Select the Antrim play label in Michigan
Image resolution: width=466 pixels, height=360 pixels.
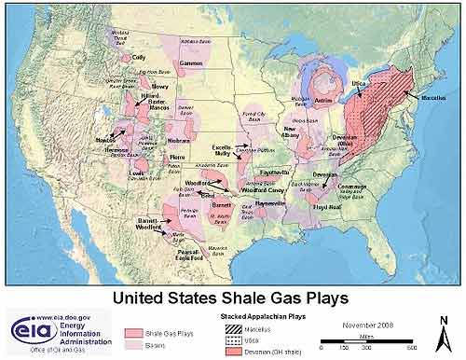323,97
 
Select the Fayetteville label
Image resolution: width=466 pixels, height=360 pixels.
273,173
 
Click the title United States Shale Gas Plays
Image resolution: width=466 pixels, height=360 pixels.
230,298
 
